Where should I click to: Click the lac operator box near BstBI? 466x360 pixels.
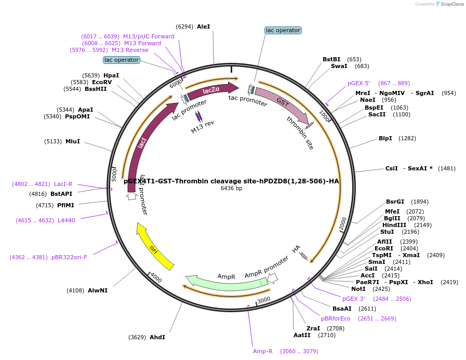(x=283, y=30)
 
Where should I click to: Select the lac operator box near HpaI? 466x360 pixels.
(x=121, y=60)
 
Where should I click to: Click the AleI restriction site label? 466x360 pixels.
(x=203, y=26)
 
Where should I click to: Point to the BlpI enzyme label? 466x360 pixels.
(x=385, y=138)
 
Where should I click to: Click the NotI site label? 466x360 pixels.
(x=358, y=289)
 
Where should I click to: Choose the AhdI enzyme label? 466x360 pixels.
(x=157, y=337)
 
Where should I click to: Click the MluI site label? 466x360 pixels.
(x=73, y=141)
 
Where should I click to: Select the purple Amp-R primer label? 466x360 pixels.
(x=262, y=351)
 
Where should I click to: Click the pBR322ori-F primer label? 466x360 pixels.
(x=69, y=257)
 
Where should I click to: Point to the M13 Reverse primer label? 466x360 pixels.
(x=130, y=50)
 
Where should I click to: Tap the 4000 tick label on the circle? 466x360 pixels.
(x=156, y=277)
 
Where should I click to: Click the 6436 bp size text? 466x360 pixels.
(x=231, y=188)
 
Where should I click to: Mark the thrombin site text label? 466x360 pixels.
(x=300, y=133)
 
